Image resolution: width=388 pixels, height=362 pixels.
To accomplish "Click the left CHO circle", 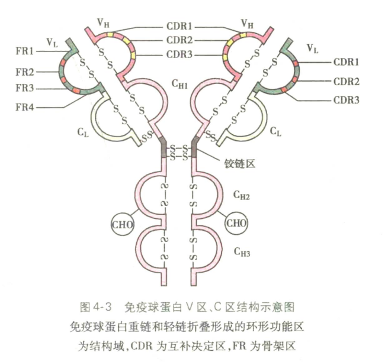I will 123,224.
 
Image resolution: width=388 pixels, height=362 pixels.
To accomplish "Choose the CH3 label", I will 241,253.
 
